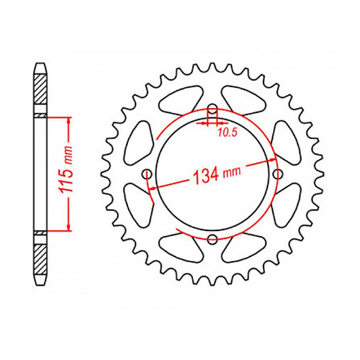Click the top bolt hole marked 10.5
coord(212,110)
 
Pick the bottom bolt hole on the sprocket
coord(212,240)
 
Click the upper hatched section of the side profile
coord(41,92)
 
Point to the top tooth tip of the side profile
coord(41,66)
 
